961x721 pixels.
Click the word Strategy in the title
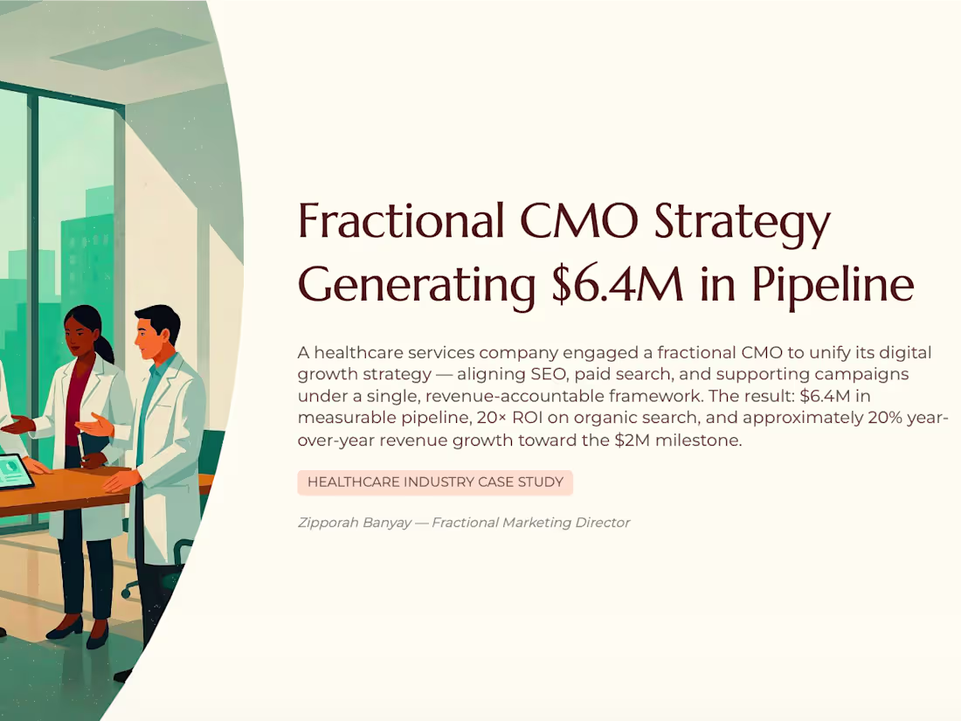coord(743,223)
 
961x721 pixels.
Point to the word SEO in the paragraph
coord(549,374)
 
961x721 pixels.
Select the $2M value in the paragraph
coord(632,440)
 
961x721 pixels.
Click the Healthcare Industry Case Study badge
coord(435,482)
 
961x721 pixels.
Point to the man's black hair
coord(158,320)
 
